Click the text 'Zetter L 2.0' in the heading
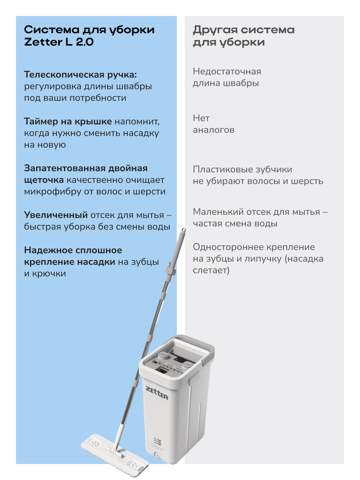pyautogui.click(x=59, y=42)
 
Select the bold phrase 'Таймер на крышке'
pyautogui.click(x=68, y=121)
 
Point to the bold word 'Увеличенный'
pyautogui.click(x=56, y=215)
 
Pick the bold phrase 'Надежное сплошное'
pyautogui.click(x=73, y=250)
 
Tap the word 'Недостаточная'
pyautogui.click(x=227, y=72)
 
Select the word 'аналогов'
pyautogui.click(x=214, y=130)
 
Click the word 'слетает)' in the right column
pyautogui.click(x=211, y=271)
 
